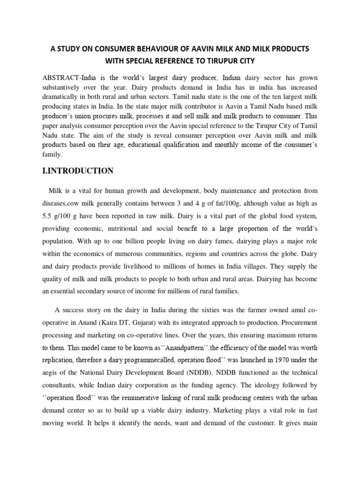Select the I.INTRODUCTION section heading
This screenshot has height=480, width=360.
[x=78, y=171]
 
